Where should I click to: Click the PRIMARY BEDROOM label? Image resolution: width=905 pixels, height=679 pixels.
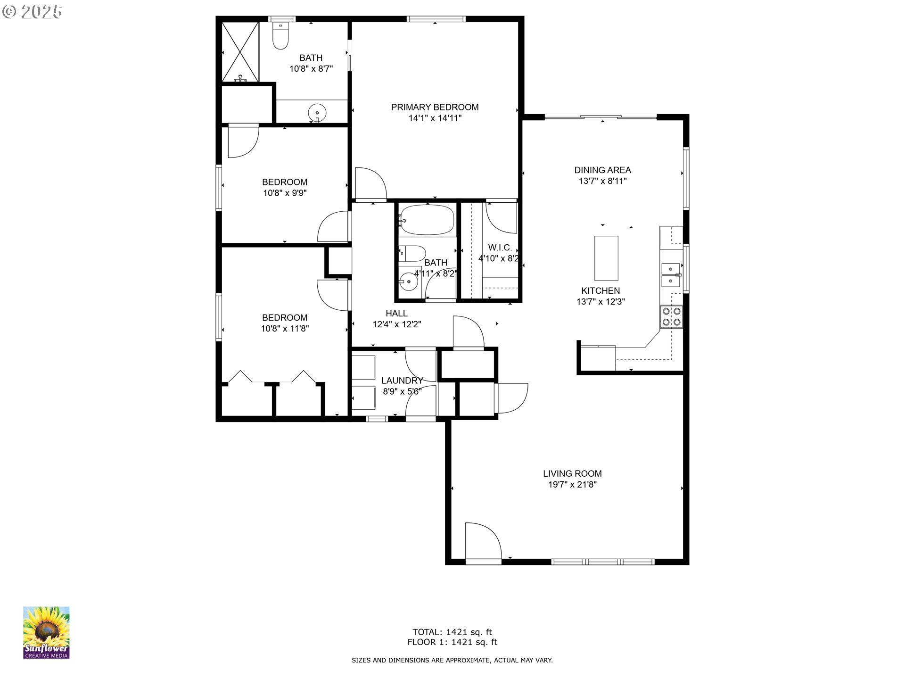coord(435,107)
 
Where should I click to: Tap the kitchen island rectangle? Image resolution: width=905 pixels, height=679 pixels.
coord(606,258)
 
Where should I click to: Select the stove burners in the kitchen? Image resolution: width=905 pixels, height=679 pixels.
coord(671,316)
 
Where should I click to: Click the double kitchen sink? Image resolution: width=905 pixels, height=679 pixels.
coord(670,275)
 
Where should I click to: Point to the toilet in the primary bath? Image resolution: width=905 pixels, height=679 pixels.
coord(280,38)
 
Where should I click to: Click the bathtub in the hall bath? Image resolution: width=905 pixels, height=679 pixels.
coord(427,220)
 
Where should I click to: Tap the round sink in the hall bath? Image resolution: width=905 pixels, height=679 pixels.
coord(408,282)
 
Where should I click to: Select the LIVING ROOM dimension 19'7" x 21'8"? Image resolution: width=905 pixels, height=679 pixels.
coord(572,484)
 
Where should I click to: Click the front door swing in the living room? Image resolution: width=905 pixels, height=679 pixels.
coord(482,541)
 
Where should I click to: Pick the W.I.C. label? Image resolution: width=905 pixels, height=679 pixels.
coord(500,248)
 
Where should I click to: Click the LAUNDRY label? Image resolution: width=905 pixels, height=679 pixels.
coord(402,380)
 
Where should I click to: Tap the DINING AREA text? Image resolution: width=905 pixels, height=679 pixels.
coord(602,170)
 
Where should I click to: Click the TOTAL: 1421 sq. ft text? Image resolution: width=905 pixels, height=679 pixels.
coord(452,632)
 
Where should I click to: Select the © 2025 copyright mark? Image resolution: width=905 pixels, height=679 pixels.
coord(32,12)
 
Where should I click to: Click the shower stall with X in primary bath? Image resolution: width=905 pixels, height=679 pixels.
coord(240,52)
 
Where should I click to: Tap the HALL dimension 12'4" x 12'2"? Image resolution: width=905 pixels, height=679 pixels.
coord(396,324)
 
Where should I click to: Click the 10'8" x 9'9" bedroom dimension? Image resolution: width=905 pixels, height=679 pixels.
coord(285,193)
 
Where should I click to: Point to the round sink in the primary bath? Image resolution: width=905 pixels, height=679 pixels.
coord(317,113)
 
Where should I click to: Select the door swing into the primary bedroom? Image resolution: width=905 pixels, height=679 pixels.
coord(370,183)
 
